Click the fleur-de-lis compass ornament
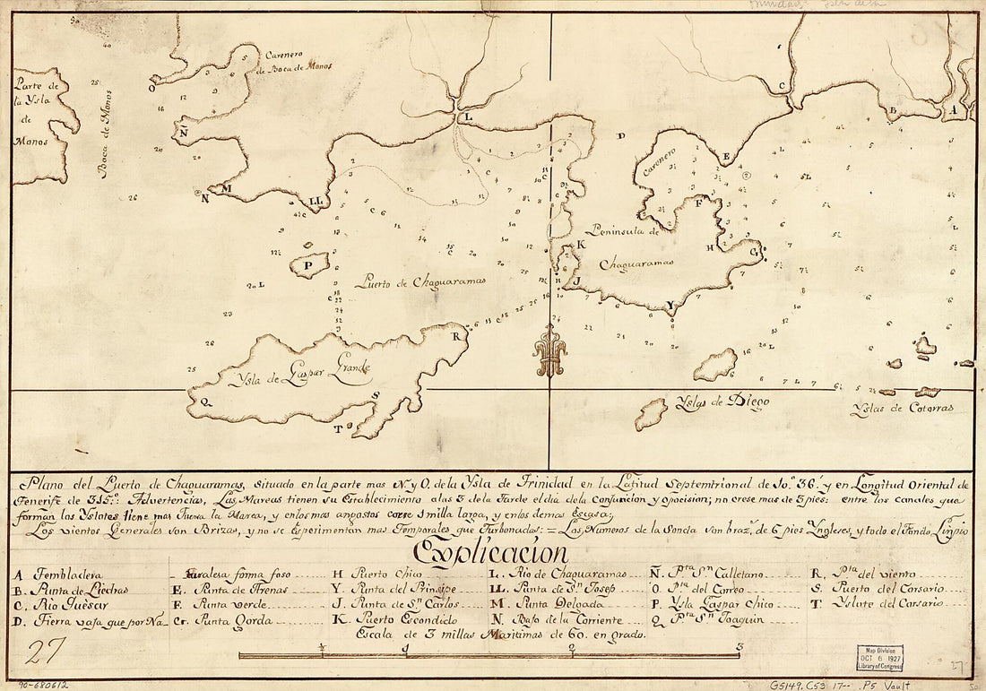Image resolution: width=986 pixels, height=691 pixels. [549, 352]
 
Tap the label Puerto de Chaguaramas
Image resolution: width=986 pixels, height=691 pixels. [420, 281]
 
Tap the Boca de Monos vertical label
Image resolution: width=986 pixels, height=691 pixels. [105, 133]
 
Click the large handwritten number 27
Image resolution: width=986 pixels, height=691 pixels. [42, 652]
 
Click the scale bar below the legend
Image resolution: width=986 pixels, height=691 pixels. [489, 655]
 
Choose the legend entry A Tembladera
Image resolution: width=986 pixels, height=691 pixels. [59, 574]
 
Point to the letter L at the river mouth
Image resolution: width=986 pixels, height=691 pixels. [465, 117]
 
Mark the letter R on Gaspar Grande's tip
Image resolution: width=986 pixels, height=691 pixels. [455, 337]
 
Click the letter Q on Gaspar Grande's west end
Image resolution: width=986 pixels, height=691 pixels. [206, 402]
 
